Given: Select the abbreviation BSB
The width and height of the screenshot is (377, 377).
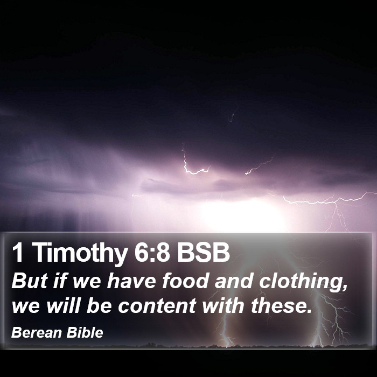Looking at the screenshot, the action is pyautogui.click(x=204, y=252).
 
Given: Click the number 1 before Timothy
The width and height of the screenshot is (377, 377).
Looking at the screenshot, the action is pyautogui.click(x=18, y=252).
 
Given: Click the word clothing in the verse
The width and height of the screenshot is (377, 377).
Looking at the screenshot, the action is pyautogui.click(x=303, y=282).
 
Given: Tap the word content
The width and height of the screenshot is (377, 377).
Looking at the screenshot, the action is pyautogui.click(x=157, y=305).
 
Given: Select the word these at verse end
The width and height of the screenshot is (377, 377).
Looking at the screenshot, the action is pyautogui.click(x=281, y=305).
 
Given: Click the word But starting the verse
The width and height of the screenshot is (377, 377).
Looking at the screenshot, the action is pyautogui.click(x=29, y=281).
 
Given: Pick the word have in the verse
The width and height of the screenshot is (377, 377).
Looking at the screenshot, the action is pyautogui.click(x=131, y=281).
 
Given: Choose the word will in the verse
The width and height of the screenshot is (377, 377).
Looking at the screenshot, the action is pyautogui.click(x=63, y=305).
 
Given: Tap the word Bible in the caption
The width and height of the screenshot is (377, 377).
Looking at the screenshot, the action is pyautogui.click(x=85, y=333).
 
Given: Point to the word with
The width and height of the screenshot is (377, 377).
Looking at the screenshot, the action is pyautogui.click(x=224, y=305).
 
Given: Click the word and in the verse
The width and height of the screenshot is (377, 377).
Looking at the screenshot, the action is pyautogui.click(x=234, y=281).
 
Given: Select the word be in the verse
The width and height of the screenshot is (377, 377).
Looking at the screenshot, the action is pyautogui.click(x=99, y=305).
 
